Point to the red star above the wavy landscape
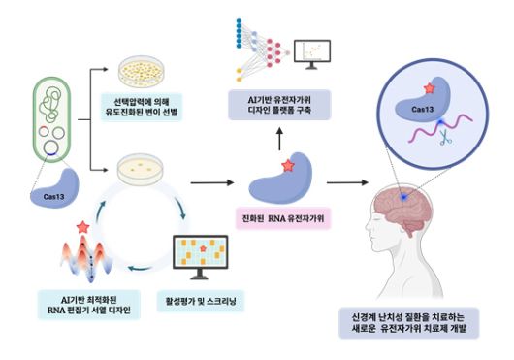pos(83,228)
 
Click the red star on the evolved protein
pos(287,167)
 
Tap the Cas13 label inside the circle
pos(422,110)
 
